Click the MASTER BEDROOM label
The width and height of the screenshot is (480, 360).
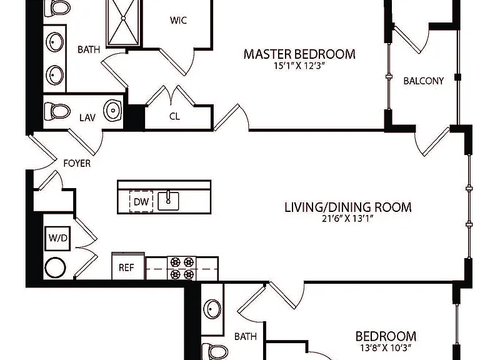(x=299, y=54)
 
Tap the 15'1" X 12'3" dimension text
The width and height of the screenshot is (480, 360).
(x=299, y=66)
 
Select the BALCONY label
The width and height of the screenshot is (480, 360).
(x=423, y=81)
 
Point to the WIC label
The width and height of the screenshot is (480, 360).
(x=178, y=20)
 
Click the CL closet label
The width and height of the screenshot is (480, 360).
(x=174, y=116)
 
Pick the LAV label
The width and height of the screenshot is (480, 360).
(x=87, y=118)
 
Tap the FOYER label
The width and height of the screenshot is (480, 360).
(x=77, y=164)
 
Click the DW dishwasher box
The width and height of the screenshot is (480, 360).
(x=141, y=201)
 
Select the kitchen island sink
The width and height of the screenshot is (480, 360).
(x=168, y=201)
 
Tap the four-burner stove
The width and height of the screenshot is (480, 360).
(x=181, y=268)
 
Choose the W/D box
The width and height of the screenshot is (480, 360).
(x=58, y=238)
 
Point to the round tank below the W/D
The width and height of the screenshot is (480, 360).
(x=55, y=267)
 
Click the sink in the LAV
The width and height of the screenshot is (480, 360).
(x=112, y=110)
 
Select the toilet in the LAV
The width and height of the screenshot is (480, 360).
(x=57, y=111)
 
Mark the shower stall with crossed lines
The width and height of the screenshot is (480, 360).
(x=123, y=23)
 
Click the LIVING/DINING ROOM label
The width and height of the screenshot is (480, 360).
(x=348, y=207)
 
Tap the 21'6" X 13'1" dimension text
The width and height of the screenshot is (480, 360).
(x=347, y=219)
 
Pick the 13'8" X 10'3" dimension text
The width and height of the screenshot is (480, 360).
(x=386, y=348)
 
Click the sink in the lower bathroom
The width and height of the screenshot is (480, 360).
(x=212, y=309)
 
